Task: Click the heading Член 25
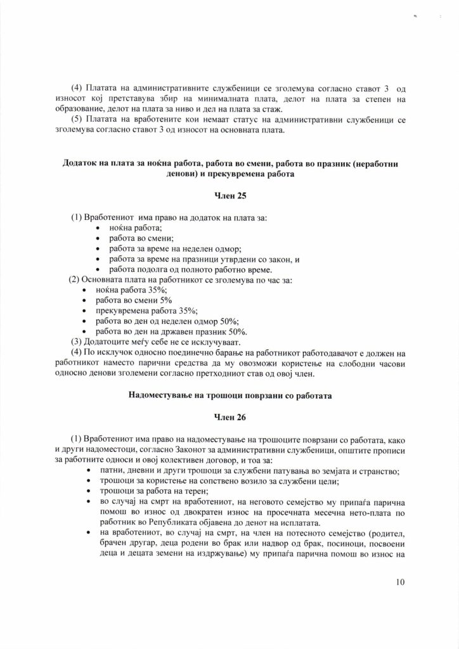[229, 196]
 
